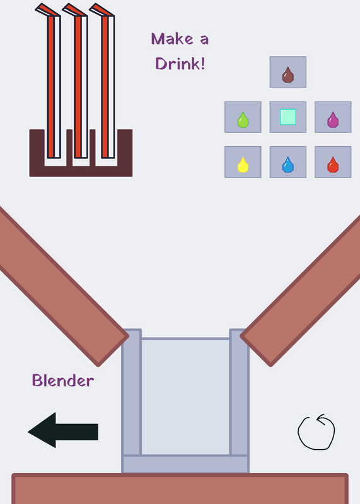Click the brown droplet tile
pos(288,72)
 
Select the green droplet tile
pos(243,117)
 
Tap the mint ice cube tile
pos(288,117)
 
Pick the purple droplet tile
pos(333,117)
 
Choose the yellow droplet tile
pos(243,162)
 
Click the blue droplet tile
pos(288,162)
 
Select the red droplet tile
pos(333,162)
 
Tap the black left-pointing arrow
pos(63,430)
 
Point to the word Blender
pos(63,381)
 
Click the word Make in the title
pos(172,39)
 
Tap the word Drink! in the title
pos(180,64)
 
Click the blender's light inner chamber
pos(185,397)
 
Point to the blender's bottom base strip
pos(185,464)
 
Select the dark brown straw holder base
pos(81,171)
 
